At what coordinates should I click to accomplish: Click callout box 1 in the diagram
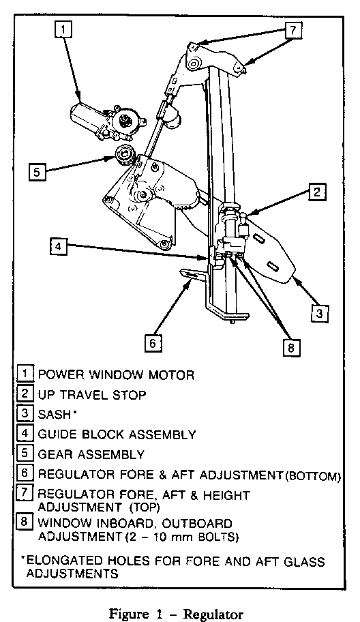[x=64, y=29]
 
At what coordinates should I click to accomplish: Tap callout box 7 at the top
[x=293, y=30]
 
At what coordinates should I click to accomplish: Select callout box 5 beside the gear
[x=36, y=173]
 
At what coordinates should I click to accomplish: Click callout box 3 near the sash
[x=320, y=313]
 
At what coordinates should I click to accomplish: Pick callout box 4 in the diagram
[x=58, y=246]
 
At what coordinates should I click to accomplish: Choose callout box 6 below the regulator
[x=153, y=343]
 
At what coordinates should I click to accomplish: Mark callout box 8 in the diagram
[x=291, y=348]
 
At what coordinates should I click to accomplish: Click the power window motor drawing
[x=107, y=121]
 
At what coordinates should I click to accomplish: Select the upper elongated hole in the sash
[x=260, y=239]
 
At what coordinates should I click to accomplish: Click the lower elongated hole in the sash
[x=273, y=267]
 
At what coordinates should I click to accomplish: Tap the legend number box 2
[x=25, y=394]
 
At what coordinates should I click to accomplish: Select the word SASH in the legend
[x=54, y=414]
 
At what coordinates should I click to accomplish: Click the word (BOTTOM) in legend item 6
[x=313, y=475]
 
